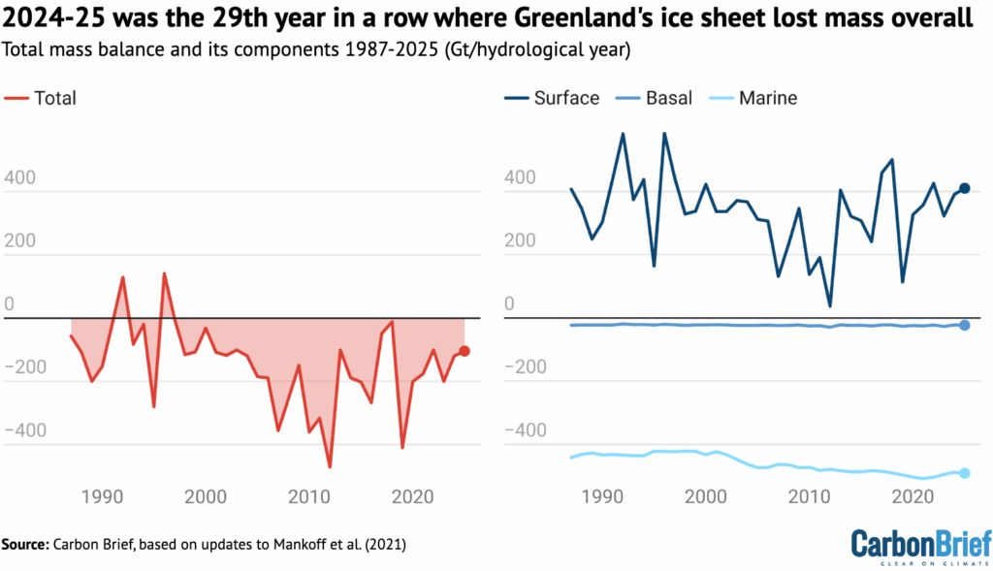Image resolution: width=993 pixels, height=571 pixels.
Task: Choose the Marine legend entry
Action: [x=755, y=98]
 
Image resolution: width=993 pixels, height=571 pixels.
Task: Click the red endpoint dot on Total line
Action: [x=465, y=351]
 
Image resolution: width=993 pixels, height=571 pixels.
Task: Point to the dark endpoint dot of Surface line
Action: [x=965, y=188]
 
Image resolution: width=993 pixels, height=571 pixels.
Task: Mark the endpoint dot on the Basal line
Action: [x=965, y=325]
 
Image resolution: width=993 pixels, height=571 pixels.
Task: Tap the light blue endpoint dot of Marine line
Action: [x=965, y=473]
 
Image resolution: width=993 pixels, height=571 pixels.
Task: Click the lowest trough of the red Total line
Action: [x=330, y=467]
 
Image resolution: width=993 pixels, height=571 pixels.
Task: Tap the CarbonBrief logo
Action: [x=920, y=543]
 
